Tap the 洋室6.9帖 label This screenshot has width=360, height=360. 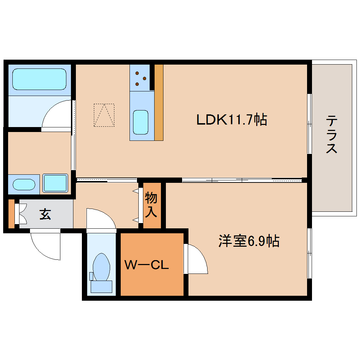pos(249,241)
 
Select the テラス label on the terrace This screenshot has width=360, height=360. pos(332,134)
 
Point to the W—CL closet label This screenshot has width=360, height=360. pos(147,265)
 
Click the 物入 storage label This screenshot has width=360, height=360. pos(151,205)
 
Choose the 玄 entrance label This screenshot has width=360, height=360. pos(45,214)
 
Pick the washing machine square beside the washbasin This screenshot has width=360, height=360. pos(55,183)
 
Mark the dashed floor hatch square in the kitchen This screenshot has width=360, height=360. pos(104,115)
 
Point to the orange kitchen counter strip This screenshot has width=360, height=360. pos(159,102)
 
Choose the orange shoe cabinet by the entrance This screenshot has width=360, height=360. pos(11,214)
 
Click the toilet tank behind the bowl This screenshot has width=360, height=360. pos(102,286)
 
